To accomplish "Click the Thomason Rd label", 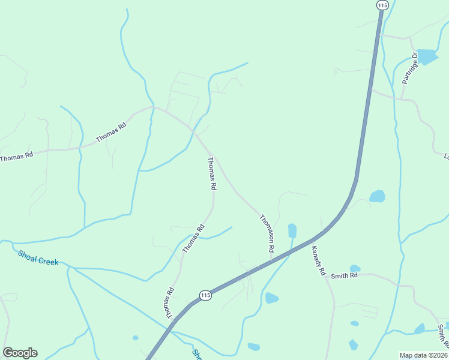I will pos(267,233).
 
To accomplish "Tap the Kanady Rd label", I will pos(318,263).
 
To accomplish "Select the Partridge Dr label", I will pos(409,69).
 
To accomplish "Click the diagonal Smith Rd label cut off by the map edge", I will pos(442,336).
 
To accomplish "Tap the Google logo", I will pos(20,353).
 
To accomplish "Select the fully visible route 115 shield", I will pos(205,295).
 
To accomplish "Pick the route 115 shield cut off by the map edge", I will pos(382,4).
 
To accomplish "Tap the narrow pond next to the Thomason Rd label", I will pos(292,230).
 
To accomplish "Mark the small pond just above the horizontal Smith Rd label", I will pos(355,268).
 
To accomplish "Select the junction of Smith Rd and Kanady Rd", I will pos(328,276).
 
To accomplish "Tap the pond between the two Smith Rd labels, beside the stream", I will pos(420,329).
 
